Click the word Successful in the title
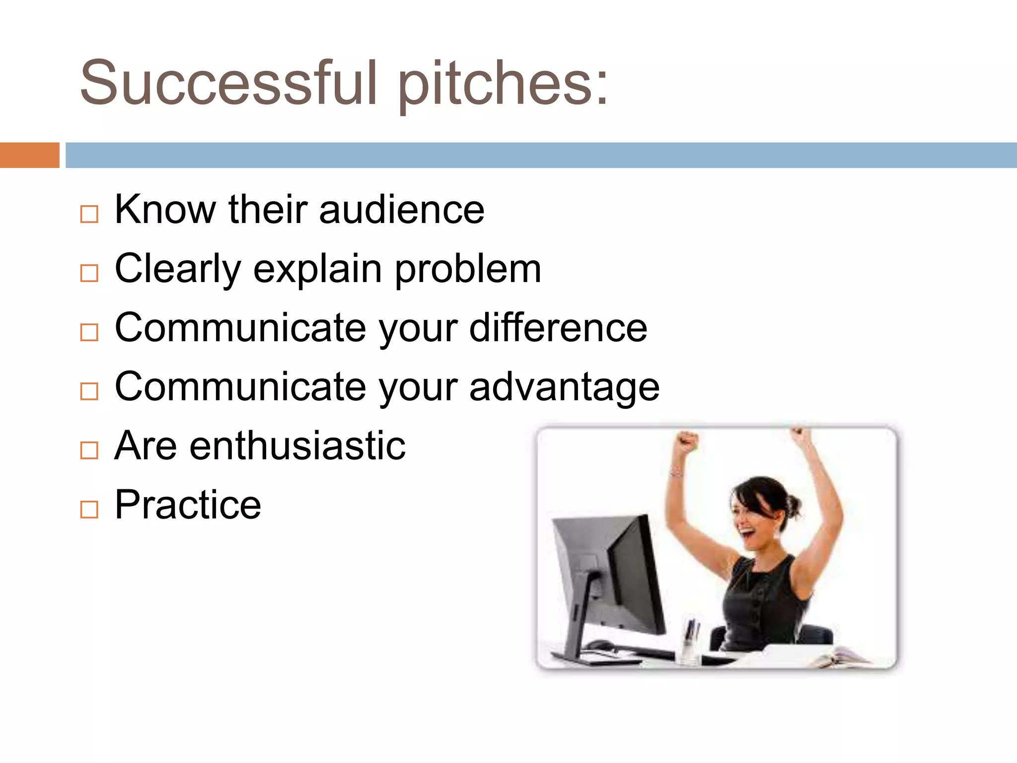coord(228,83)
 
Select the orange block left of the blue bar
coord(29,155)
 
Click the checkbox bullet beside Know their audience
coord(89,214)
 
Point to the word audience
coord(401,210)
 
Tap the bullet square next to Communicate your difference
coord(89,332)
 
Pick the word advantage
coord(564,387)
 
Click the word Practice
coord(188,505)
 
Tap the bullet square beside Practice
coord(89,509)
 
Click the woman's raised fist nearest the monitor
coord(687,441)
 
